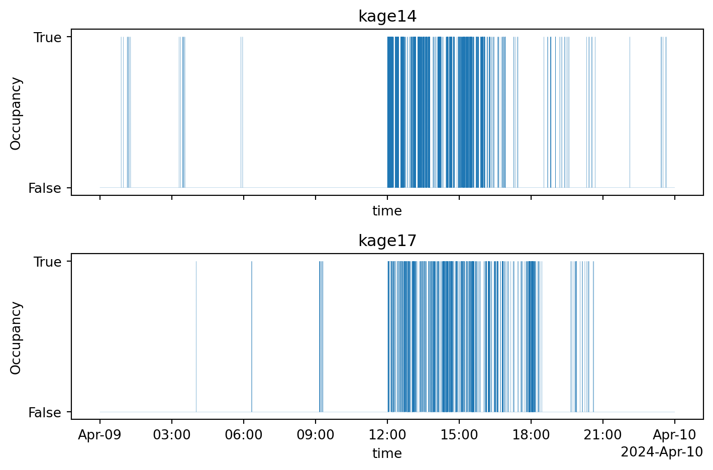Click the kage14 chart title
tap(387, 17)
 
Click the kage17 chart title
tap(387, 241)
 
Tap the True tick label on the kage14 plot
tap(48, 38)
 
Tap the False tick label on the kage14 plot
tap(45, 188)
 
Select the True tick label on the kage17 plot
tap(48, 262)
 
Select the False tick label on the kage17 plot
tap(45, 413)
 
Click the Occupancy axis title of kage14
tap(16, 113)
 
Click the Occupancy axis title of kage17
tap(16, 337)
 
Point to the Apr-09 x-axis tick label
tap(99, 435)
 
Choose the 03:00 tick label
tap(172, 435)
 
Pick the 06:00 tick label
tap(244, 435)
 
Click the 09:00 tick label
tap(316, 435)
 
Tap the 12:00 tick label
tap(387, 435)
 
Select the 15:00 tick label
tap(459, 435)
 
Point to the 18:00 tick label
tap(531, 435)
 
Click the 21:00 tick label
tap(603, 435)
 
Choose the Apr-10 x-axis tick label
tap(675, 435)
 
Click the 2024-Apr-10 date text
tap(662, 452)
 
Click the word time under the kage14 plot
tap(387, 211)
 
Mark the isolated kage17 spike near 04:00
tap(196, 336)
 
